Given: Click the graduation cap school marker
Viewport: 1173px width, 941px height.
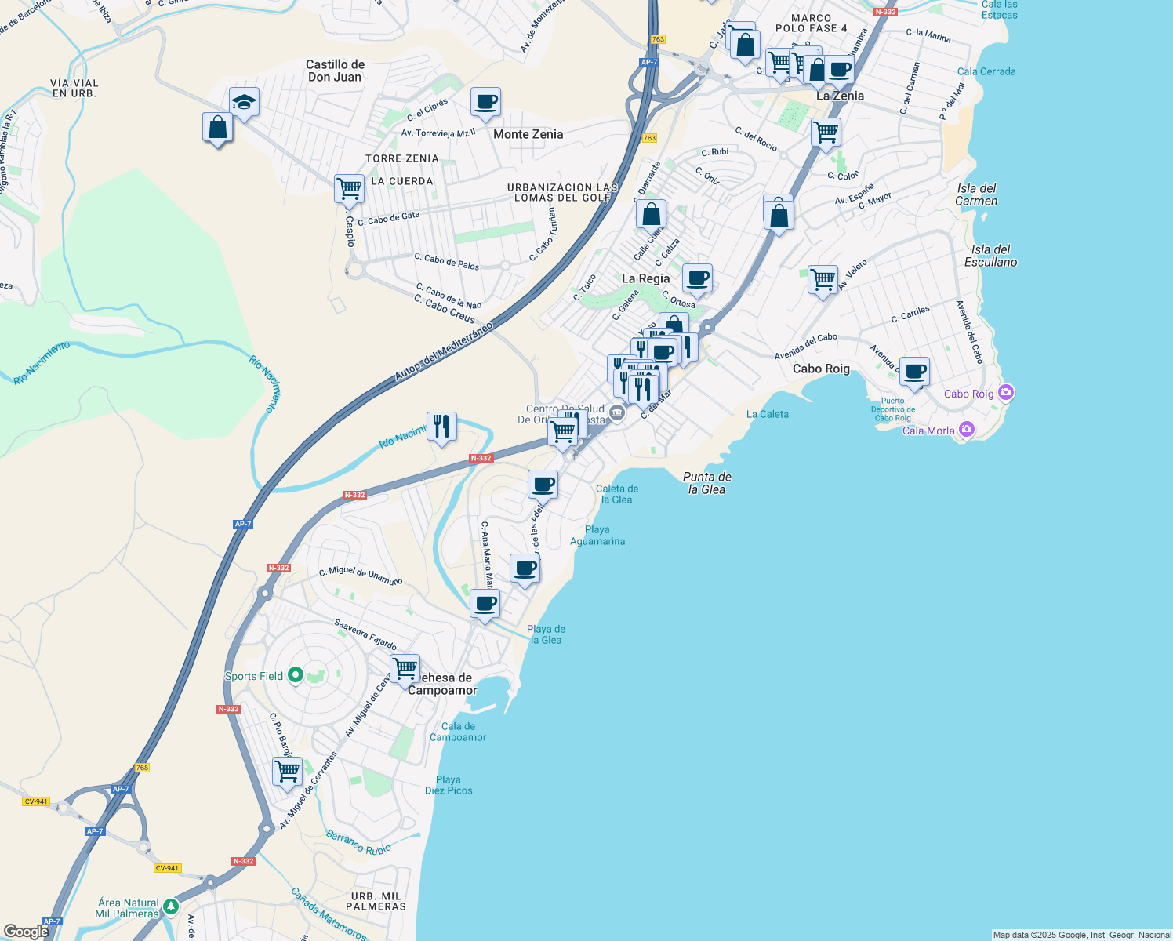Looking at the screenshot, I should (244, 102).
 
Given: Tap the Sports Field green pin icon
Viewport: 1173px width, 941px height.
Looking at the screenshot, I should (296, 675).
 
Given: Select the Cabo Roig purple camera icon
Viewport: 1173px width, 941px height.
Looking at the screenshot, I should (1007, 392).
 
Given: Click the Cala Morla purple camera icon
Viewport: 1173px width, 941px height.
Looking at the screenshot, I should (967, 429).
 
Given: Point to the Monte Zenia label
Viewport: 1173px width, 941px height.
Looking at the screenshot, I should (528, 134).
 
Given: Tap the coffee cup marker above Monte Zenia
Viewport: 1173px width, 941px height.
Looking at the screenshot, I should (485, 102).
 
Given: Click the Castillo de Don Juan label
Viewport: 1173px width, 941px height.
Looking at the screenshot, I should (335, 71).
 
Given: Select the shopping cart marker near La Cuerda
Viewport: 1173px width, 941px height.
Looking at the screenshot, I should (349, 189).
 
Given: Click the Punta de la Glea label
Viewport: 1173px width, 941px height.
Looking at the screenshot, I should (706, 483).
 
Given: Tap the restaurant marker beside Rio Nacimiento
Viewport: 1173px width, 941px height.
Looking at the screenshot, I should (441, 427).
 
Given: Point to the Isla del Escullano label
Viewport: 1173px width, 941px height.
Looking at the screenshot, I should (990, 256).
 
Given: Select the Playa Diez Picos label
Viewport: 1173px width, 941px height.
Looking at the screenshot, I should (448, 785).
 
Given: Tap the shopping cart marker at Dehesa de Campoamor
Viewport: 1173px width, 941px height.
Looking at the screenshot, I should (405, 670).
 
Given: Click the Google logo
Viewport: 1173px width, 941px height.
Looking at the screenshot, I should (26, 932).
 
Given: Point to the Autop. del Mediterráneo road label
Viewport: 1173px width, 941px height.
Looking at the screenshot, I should (443, 351).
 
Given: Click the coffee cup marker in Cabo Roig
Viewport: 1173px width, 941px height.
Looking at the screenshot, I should (914, 372).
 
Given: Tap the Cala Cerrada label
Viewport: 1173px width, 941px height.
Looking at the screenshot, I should (986, 71).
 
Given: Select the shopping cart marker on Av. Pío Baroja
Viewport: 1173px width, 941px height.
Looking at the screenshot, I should (287, 771).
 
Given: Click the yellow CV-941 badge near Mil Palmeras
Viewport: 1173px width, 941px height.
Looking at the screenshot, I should (166, 868).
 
